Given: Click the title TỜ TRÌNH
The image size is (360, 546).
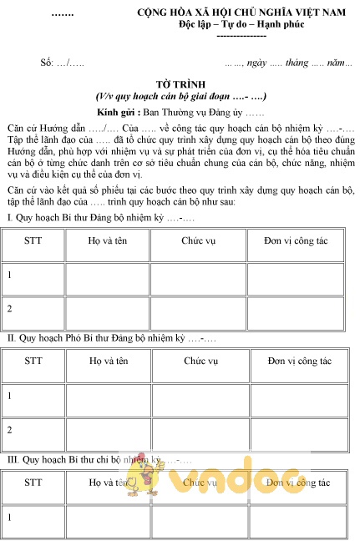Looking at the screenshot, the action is click(x=179, y=85).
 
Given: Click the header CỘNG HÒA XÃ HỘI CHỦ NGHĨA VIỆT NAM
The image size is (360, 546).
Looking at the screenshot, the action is click(x=242, y=13).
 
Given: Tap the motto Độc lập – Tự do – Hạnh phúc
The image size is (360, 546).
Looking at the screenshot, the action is click(x=241, y=25).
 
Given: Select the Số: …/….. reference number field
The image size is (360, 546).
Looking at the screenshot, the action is click(x=62, y=63).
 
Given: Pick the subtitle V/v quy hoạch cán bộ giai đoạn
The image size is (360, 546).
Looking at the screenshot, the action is click(x=180, y=98).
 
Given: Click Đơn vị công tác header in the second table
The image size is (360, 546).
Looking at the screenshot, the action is click(x=298, y=361).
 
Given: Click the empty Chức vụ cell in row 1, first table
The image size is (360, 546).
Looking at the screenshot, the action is click(x=200, y=275).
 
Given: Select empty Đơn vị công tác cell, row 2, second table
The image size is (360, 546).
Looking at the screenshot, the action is click(x=298, y=431).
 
